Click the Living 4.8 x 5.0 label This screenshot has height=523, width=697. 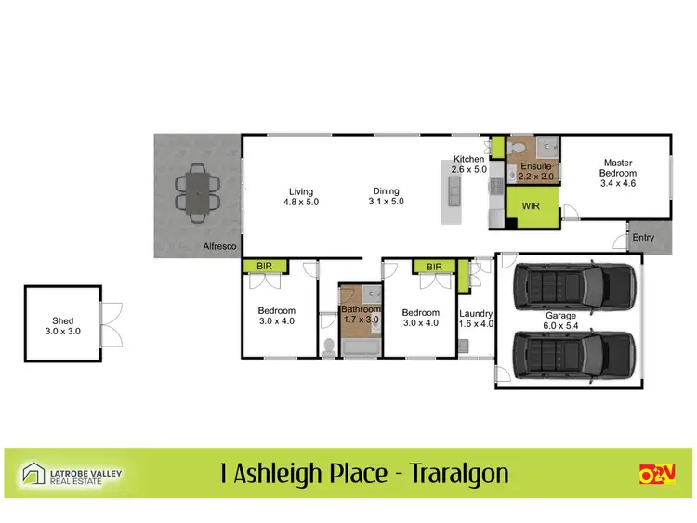click(x=301, y=196)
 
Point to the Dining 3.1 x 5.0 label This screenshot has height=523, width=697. click(x=387, y=196)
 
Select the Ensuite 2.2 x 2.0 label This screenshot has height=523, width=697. click(x=535, y=171)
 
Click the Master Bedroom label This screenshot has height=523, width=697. click(x=617, y=173)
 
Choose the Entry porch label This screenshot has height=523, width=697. click(x=643, y=238)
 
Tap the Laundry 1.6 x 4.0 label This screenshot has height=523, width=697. click(x=476, y=319)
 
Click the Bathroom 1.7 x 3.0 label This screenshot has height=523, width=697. click(x=360, y=314)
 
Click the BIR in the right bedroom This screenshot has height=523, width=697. click(x=434, y=267)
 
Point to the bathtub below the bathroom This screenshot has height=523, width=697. click(x=361, y=349)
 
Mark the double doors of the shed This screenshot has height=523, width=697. click(x=110, y=322)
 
